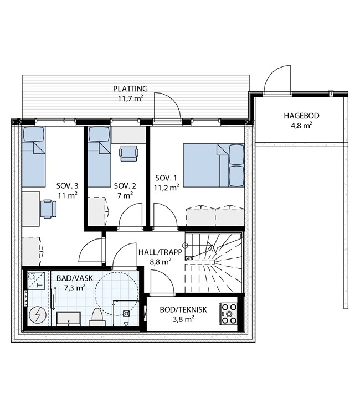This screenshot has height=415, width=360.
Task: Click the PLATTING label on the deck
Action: pos(130,89)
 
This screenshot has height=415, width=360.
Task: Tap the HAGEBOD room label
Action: pos(301,116)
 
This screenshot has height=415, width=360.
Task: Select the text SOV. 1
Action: pos(166,178)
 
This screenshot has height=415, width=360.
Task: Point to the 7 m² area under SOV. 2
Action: pos(125,195)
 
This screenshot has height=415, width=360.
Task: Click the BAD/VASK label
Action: pos(75,278)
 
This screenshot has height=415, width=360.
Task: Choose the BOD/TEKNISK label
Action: pos(183,310)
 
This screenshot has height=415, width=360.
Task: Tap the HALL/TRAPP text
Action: pos(161,252)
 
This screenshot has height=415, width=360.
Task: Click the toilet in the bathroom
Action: pos(97,317)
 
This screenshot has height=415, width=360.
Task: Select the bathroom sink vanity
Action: pos(69,318)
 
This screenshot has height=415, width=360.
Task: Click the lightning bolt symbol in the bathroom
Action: pos(37,315)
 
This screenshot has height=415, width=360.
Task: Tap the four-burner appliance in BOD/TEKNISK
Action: pos(228,314)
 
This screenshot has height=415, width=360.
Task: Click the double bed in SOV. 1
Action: pos(214,165)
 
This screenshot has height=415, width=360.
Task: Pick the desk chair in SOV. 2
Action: pos(128,153)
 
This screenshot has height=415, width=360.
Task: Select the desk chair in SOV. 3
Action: pos(49,209)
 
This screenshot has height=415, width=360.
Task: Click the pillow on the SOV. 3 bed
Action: pos(33,134)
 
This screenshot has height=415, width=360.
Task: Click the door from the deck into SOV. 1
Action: pos(167,107)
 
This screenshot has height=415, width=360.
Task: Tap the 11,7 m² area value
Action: pos(130,98)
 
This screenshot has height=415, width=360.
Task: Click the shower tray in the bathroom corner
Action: pos(36,281)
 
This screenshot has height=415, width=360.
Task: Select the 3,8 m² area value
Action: pos(183,319)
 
